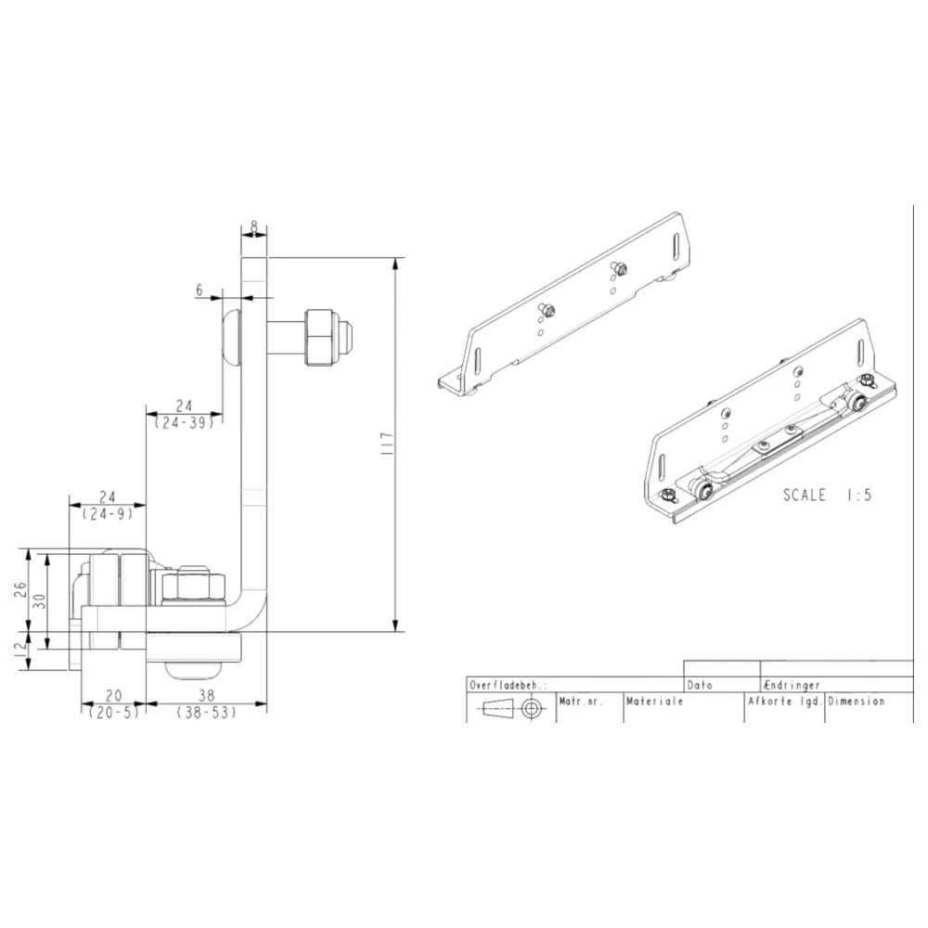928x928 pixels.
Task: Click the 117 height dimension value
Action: point(388,444)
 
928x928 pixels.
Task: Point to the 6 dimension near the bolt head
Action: point(200,290)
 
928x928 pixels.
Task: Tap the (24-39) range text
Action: point(184,422)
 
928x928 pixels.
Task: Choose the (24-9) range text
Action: point(107,514)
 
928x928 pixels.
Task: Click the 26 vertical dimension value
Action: point(20,589)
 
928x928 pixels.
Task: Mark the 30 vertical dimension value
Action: point(40,601)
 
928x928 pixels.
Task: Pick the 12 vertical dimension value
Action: point(20,650)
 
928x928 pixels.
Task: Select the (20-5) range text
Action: point(113,713)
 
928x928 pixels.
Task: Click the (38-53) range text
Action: point(206,713)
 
